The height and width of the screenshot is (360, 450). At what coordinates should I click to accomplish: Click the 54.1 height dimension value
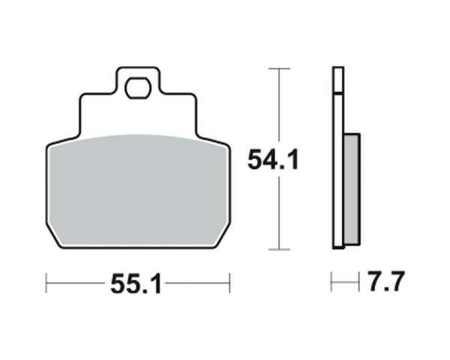point(273,160)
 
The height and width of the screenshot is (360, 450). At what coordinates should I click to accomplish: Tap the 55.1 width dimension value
point(136,283)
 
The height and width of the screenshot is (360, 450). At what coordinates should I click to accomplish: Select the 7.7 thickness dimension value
point(386,281)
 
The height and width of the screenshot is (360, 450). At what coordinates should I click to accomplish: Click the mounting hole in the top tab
point(137,88)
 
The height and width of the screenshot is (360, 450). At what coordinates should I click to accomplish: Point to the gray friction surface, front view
point(138,190)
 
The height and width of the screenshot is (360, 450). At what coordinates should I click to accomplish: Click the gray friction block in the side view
point(352,190)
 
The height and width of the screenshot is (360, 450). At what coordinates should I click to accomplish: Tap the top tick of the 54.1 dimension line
point(279,68)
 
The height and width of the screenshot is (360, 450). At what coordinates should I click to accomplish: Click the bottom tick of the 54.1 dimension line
point(279,250)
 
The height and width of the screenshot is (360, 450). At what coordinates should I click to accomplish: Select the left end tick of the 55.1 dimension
point(46,283)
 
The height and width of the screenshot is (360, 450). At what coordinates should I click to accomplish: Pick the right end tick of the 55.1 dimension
point(229,283)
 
